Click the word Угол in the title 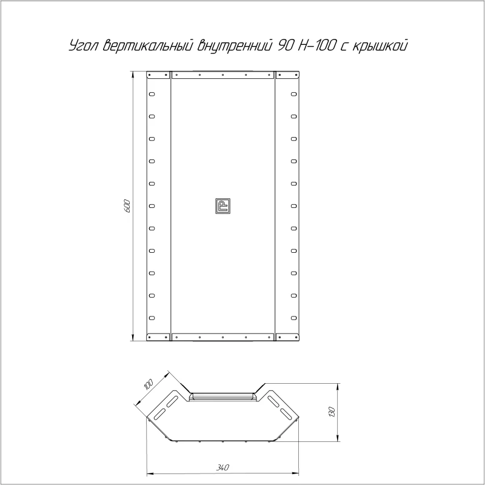tap(84, 45)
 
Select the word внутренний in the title tap(235, 45)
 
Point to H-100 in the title tap(317, 45)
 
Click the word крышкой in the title tap(380, 45)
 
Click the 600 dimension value tap(127, 206)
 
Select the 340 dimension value tap(222, 467)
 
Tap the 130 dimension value tap(331, 412)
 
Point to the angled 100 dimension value tap(149, 384)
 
